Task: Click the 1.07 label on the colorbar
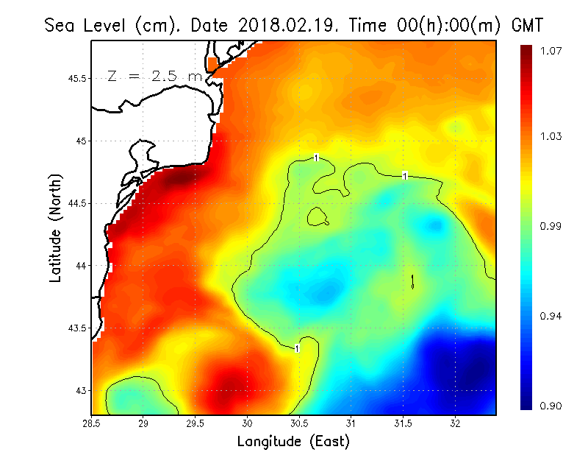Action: [553, 51]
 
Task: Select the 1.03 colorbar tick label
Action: [553, 136]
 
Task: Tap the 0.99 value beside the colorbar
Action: [553, 226]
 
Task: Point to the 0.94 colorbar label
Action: [553, 316]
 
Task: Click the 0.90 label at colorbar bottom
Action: [553, 406]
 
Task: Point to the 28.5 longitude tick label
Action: [92, 423]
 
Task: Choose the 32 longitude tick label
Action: [455, 423]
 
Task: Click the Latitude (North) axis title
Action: [56, 228]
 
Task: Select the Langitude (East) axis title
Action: [293, 441]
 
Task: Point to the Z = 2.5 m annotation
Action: [154, 76]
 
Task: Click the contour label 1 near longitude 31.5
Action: [405, 175]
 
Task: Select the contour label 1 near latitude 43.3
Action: [297, 348]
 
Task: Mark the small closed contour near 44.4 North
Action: [318, 216]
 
